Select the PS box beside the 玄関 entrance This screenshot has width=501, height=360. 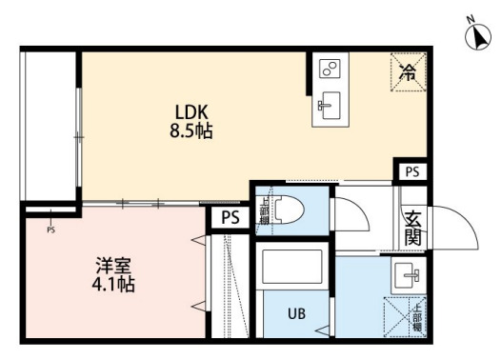pos(411,171)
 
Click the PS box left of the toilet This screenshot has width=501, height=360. pos(230,217)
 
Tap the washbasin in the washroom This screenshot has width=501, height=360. pos(411,278)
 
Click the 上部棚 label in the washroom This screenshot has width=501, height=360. pos(415,315)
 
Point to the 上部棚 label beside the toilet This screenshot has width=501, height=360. pos(263,208)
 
